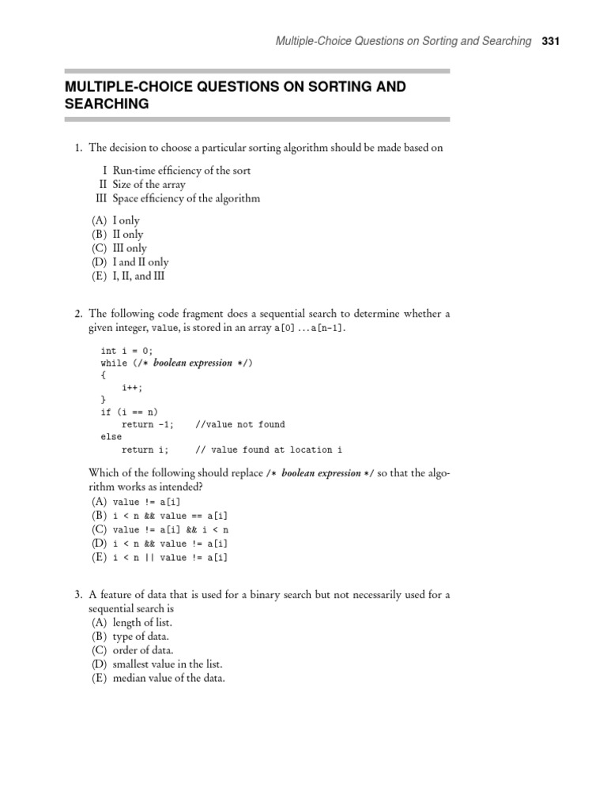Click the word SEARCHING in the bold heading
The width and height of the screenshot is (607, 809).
[107, 103]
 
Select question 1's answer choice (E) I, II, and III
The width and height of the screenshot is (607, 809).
[129, 276]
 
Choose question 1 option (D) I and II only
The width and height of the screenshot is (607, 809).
[130, 262]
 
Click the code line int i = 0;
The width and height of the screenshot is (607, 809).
[126, 350]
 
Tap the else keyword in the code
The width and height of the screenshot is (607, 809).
[111, 436]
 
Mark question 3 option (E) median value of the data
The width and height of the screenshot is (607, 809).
[158, 679]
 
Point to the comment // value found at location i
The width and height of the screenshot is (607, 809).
[268, 450]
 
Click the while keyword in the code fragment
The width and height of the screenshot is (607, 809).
[114, 363]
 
